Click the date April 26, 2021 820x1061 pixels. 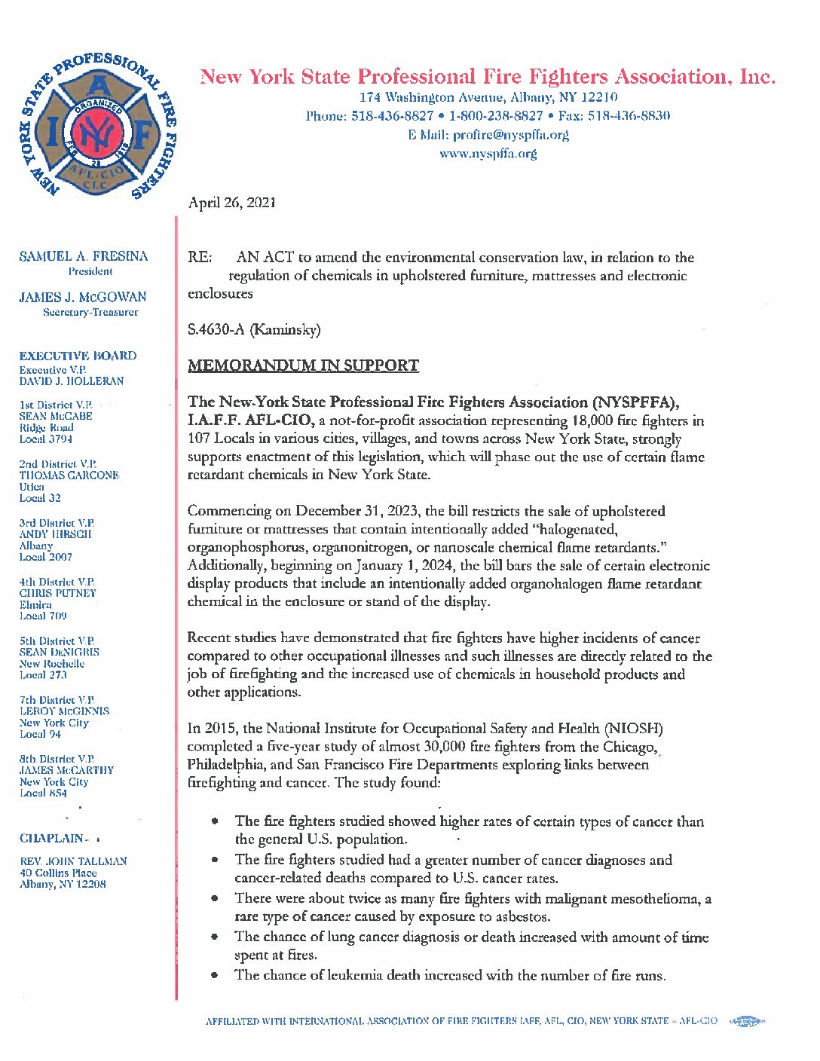231,203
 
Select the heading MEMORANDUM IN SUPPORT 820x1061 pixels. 303,366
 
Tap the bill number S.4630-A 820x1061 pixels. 217,330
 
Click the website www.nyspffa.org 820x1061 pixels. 488,154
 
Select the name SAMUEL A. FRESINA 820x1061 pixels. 84,257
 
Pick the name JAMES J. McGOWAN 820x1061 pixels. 83,298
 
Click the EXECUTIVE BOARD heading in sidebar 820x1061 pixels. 78,356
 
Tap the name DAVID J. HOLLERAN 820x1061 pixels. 72,381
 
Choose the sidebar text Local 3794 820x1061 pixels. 46,439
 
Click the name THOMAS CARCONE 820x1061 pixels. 69,475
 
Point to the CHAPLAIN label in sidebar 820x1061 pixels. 52,839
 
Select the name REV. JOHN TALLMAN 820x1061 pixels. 73,861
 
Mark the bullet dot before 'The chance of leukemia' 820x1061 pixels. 216,976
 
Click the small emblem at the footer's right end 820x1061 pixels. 747,1022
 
